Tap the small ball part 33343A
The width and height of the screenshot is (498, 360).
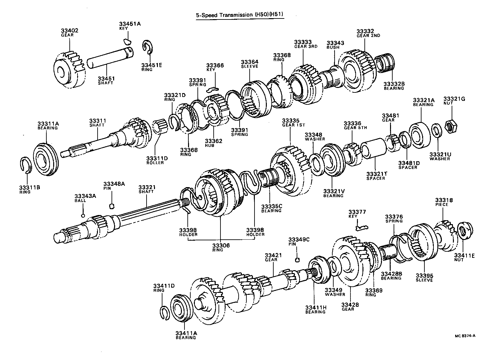[83, 215]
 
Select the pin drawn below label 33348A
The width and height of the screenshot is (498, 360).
[112, 205]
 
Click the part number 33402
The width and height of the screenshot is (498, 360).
[69, 30]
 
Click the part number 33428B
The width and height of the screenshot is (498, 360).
[391, 274]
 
